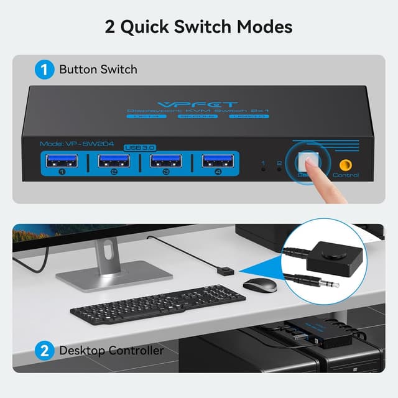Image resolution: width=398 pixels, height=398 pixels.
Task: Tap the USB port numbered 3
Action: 165,162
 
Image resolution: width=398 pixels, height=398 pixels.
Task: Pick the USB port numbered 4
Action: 217,162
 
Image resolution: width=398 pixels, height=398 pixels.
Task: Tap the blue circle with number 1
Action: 44,69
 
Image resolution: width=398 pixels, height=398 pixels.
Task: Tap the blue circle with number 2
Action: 44,351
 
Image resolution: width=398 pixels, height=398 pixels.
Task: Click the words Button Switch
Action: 98,69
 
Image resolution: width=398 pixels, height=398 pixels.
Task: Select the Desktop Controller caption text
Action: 111,351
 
